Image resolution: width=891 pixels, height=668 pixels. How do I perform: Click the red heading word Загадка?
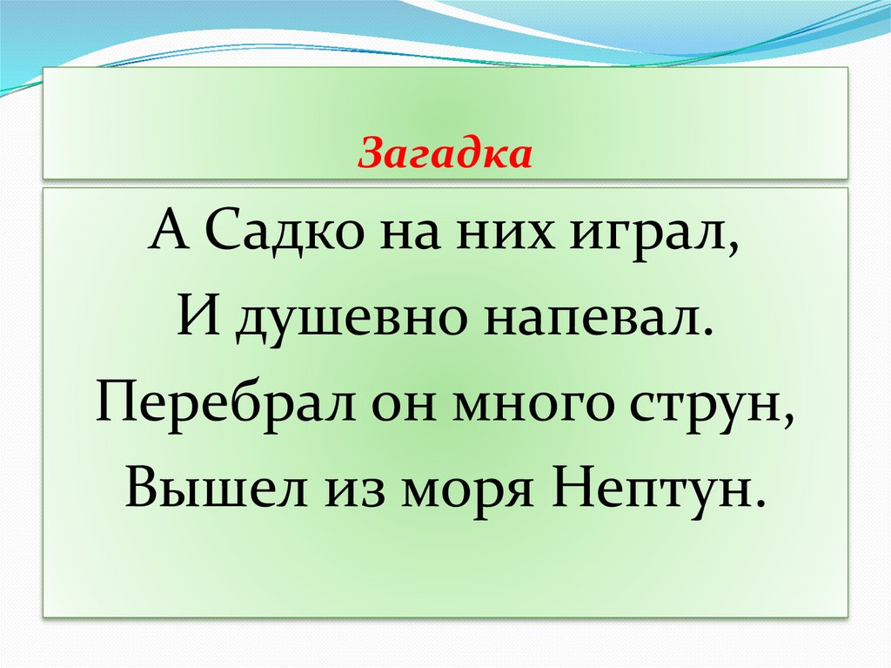445,155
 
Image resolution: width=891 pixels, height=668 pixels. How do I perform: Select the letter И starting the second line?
195,321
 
